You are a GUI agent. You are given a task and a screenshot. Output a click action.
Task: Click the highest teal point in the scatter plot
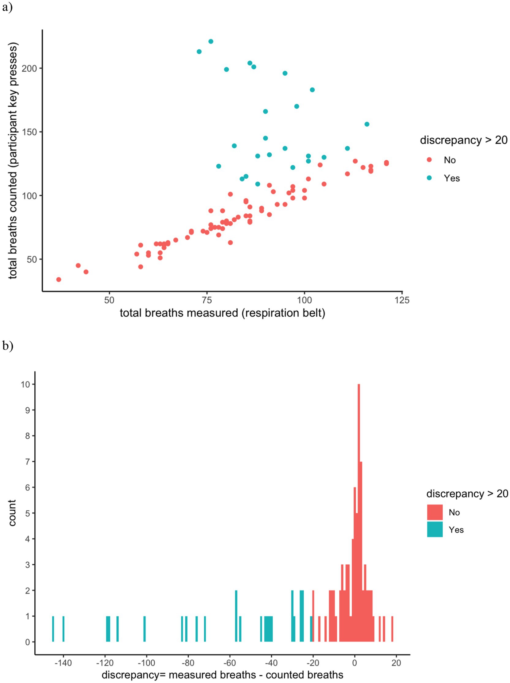211,41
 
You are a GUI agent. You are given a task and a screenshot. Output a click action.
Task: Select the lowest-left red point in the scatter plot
59,280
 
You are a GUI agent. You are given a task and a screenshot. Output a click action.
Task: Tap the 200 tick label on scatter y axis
29,68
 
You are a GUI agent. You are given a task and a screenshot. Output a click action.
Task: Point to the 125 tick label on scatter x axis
402,300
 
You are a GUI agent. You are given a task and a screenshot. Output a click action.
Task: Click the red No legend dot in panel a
429,160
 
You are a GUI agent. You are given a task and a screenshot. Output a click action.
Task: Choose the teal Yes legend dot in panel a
429,178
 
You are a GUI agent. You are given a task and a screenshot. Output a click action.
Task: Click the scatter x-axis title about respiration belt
222,313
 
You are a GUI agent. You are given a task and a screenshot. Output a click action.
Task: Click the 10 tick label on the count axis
25,384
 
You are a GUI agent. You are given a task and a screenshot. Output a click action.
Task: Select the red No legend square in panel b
435,512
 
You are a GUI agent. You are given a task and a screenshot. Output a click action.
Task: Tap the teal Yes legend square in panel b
435,529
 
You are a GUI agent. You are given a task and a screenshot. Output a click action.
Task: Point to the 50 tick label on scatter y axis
32,259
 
